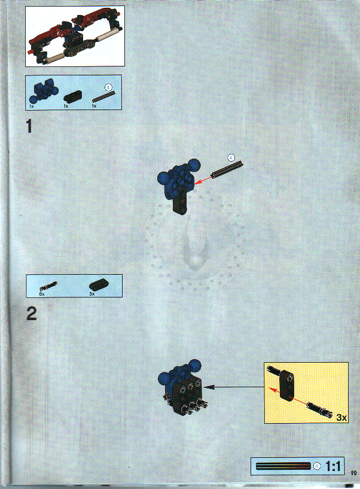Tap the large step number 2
(x=32, y=314)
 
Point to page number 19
(x=353, y=475)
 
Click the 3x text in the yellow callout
(x=341, y=417)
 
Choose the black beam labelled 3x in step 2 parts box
(x=97, y=285)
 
